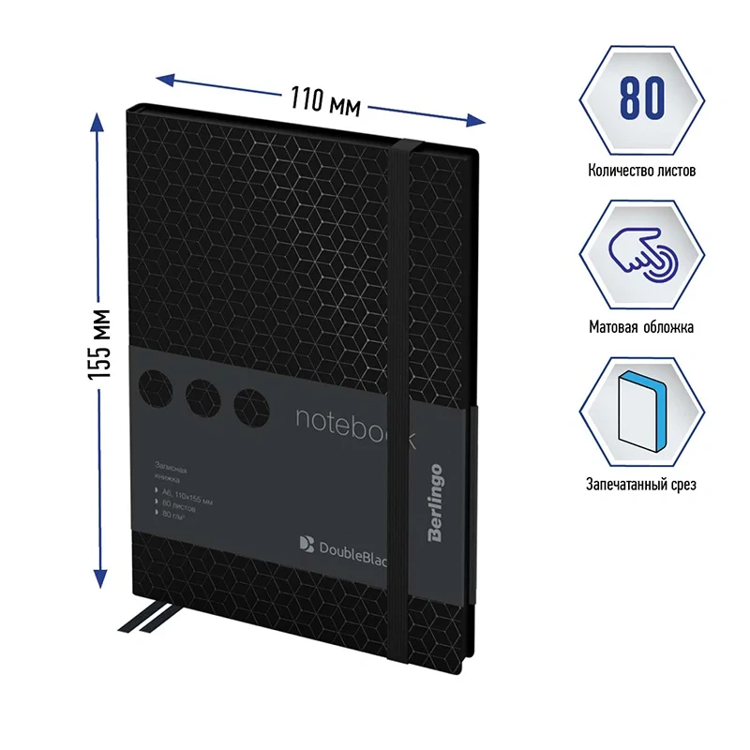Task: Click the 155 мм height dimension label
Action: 99,343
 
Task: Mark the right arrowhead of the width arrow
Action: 477,120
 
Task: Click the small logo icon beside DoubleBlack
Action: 306,541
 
